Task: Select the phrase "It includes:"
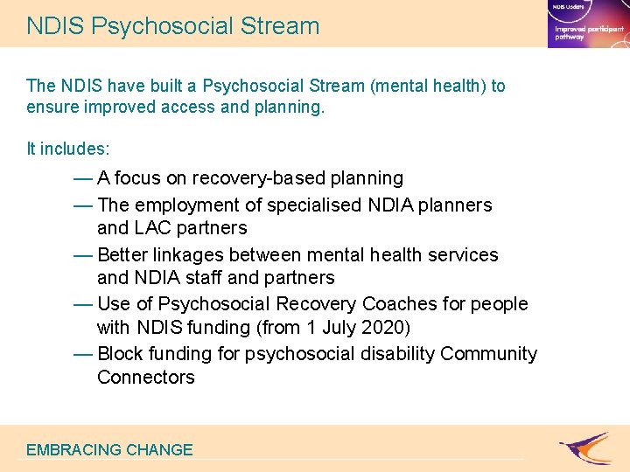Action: point(68,149)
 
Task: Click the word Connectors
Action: point(145,378)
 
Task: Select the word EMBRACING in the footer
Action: point(73,450)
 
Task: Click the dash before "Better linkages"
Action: point(84,255)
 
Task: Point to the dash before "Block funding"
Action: point(84,354)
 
